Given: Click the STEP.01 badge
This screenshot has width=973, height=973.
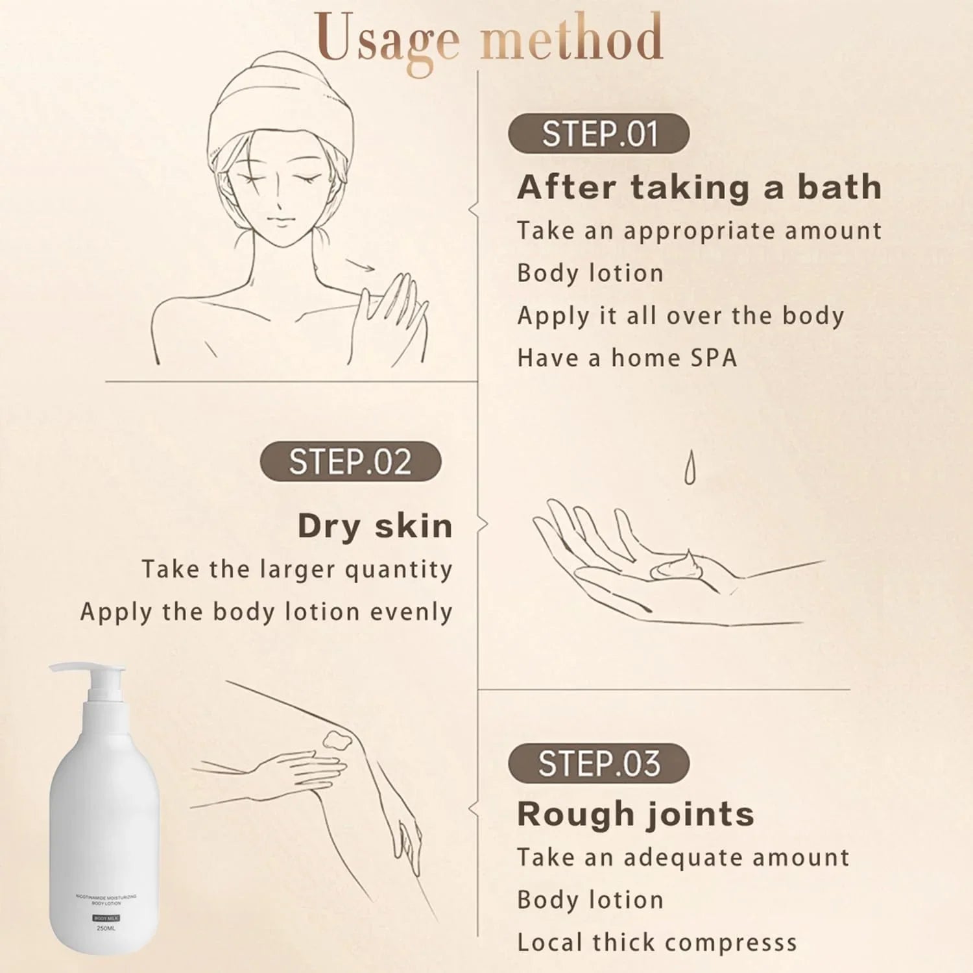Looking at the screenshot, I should click(598, 134).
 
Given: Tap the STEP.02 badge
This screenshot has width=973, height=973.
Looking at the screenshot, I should click(350, 462).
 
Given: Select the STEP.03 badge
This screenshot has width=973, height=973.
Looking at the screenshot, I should click(598, 763).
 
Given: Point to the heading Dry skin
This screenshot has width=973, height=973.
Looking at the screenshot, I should click(375, 526).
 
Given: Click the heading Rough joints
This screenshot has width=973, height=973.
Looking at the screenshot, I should click(636, 814).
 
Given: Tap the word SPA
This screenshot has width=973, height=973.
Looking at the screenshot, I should click(714, 358).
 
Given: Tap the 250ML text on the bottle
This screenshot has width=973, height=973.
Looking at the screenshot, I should click(106, 928).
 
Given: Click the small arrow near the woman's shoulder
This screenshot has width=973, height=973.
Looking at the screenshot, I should click(361, 264).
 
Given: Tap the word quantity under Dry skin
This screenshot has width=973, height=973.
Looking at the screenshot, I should click(398, 570).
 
